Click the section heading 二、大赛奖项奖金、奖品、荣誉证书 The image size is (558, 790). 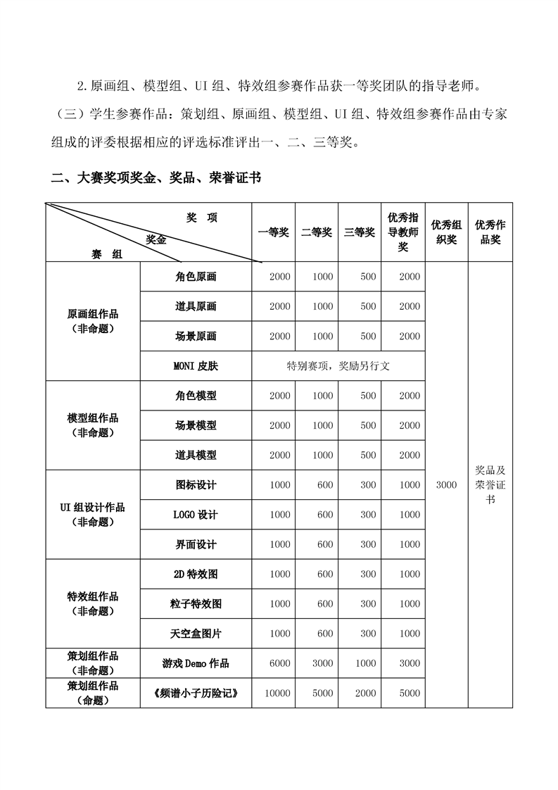(156, 178)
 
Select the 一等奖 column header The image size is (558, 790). (274, 232)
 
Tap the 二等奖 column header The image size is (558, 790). (317, 232)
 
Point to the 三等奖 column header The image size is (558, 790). (360, 232)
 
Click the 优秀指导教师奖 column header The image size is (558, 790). (403, 232)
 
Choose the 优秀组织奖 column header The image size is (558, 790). (446, 232)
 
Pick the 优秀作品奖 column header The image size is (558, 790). (490, 232)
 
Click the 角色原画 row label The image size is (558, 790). (196, 277)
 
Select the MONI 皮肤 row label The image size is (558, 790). (196, 366)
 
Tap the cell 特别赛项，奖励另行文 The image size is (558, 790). (338, 366)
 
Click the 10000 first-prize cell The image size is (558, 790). (277, 694)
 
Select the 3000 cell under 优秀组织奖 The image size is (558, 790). (446, 484)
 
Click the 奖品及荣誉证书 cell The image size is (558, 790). (490, 484)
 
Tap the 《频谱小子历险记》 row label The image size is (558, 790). (196, 694)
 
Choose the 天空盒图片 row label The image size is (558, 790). (196, 634)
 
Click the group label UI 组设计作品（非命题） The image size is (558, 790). (93, 515)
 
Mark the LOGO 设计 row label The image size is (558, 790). (196, 515)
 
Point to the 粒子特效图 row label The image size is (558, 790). (196, 604)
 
